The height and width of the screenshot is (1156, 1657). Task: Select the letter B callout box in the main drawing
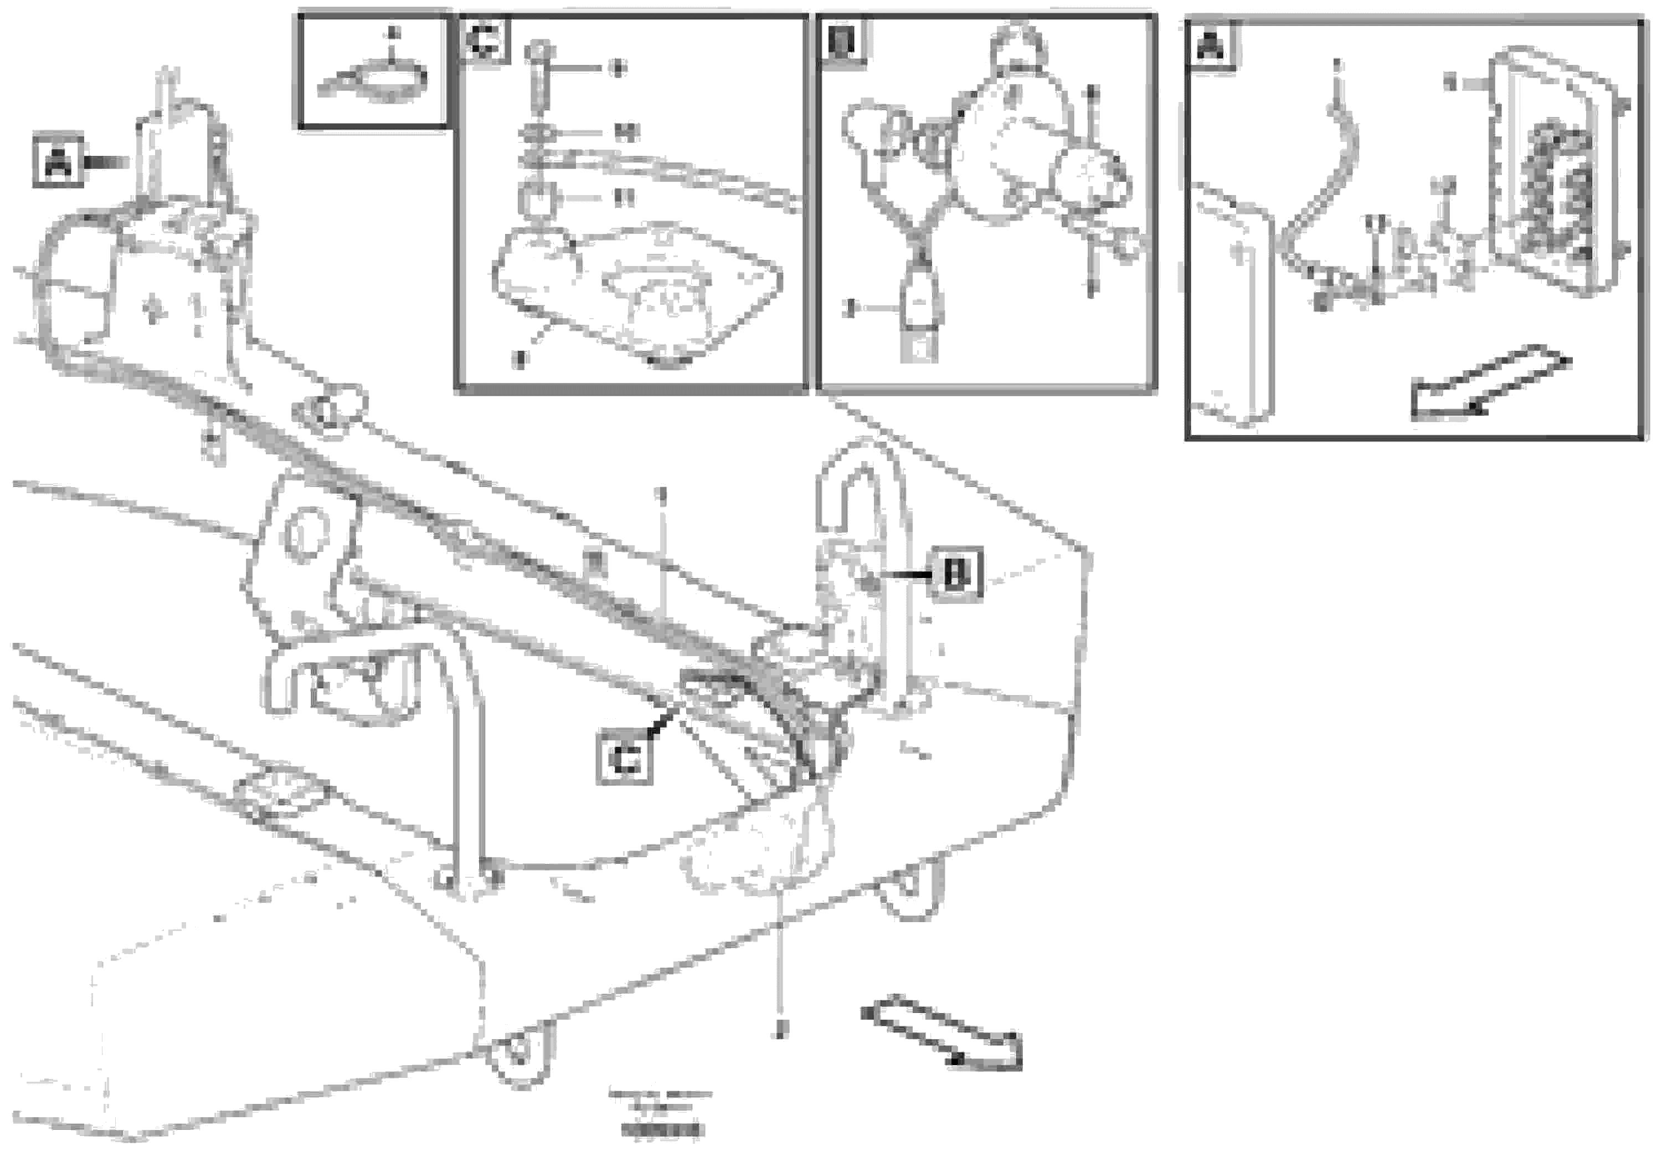pos(955,575)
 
